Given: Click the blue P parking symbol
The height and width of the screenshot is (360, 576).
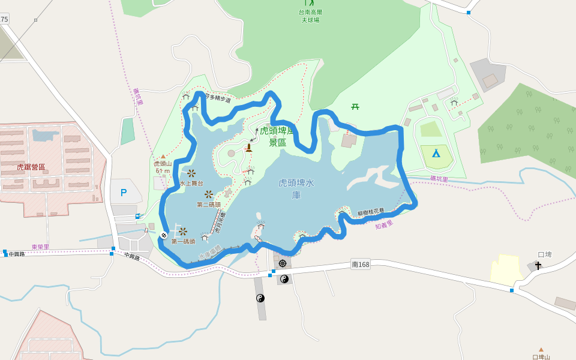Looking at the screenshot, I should pyautogui.click(x=124, y=193).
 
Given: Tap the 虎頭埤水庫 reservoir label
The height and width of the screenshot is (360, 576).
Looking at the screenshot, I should pyautogui.click(x=296, y=188).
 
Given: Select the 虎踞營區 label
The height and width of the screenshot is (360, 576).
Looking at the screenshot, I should pyautogui.click(x=31, y=167).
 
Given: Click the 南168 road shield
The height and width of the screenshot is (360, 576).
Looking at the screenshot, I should pyautogui.click(x=361, y=264).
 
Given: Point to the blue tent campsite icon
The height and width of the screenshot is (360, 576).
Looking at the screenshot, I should pyautogui.click(x=436, y=153).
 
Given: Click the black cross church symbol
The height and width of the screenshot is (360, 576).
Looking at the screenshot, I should pyautogui.click(x=538, y=265).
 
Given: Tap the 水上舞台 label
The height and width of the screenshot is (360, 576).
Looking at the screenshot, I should pyautogui.click(x=191, y=183).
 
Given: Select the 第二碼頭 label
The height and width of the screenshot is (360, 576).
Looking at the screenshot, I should pyautogui.click(x=209, y=205).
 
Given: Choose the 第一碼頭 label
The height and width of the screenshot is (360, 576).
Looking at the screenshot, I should pyautogui.click(x=183, y=241).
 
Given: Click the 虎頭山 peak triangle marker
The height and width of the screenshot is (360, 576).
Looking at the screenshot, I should pyautogui.click(x=163, y=157).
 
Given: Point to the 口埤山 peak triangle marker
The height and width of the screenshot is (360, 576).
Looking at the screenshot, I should pyautogui.click(x=541, y=349).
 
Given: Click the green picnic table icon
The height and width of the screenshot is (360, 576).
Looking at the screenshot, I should pyautogui.click(x=355, y=107).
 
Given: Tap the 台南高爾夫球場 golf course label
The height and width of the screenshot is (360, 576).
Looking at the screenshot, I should pyautogui.click(x=310, y=16).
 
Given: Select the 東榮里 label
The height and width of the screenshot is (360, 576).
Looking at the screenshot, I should pyautogui.click(x=40, y=247).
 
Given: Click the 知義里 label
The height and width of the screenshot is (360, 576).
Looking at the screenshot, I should pyautogui.click(x=384, y=224).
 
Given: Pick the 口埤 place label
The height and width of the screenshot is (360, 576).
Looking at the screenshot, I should pyautogui.click(x=544, y=254).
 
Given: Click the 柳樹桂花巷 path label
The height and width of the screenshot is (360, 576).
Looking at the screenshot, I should pyautogui.click(x=371, y=212).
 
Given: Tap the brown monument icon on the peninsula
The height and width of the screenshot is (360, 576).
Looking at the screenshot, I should pyautogui.click(x=248, y=148).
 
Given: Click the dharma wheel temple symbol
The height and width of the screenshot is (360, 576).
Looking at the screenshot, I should pyautogui.click(x=283, y=263).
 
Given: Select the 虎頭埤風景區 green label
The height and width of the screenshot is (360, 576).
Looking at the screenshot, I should pyautogui.click(x=277, y=136).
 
